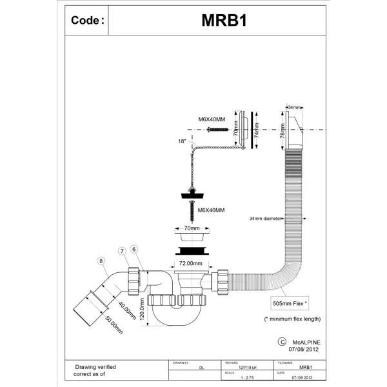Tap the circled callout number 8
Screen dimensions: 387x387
pos(100,261)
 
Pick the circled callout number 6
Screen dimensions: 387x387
pos(134,249)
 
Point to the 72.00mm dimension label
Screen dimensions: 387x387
pos(192,264)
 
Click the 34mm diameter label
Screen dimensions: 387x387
pos(266,219)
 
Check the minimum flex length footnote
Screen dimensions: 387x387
pos(293,319)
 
